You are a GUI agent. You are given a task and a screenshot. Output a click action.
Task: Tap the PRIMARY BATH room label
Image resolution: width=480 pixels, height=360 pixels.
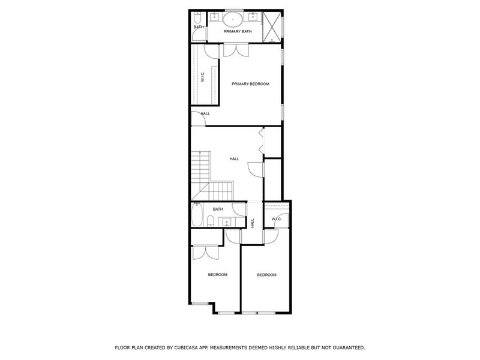coord(238,31)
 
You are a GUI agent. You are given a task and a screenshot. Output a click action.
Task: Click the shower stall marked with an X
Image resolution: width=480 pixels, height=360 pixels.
coord(272,26)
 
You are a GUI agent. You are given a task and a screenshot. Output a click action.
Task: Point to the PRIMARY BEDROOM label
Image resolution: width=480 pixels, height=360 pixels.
coord(250,84)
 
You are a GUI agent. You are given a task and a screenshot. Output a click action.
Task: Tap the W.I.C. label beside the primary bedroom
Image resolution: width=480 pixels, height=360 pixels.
coord(202,77)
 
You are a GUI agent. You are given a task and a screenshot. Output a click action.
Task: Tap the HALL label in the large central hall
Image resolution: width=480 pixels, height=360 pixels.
coord(234,159)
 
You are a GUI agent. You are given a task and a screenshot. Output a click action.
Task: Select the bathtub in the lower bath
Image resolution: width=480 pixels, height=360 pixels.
coord(197,215)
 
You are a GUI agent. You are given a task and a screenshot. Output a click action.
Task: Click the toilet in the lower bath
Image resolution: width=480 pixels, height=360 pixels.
coord(209,223)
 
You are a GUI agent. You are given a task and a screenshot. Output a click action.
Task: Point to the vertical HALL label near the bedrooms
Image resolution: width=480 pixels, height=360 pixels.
coord(253,223)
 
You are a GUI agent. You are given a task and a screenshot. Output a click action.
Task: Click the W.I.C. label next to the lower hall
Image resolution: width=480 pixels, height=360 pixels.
coord(277,219)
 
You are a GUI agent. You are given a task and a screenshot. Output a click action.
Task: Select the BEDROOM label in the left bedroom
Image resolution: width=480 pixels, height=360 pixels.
coord(217,275)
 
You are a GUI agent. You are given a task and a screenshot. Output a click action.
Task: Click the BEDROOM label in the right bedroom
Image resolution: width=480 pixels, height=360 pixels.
coord(266,275)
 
